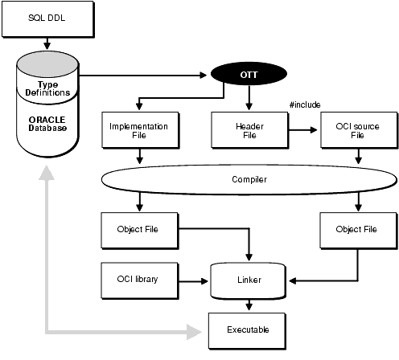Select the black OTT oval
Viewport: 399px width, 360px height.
[x=248, y=76]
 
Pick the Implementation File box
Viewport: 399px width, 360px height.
[x=139, y=130]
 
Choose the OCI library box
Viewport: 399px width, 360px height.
[x=139, y=280]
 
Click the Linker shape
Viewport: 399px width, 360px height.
[x=248, y=280]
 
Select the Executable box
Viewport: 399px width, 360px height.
[x=248, y=329]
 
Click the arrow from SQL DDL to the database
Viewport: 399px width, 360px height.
[x=44, y=43]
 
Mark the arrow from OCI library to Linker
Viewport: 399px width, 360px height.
[x=193, y=280]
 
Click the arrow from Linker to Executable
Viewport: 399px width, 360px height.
[x=248, y=305]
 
